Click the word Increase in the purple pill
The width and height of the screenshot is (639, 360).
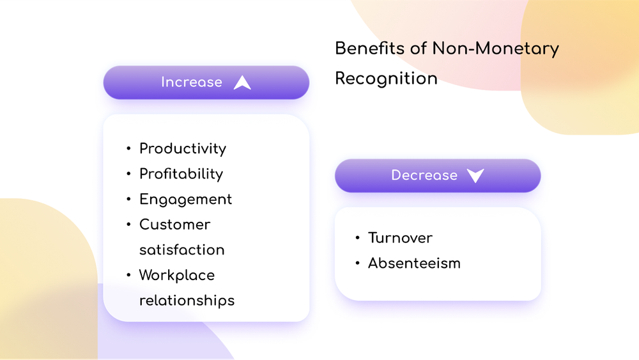(x=191, y=82)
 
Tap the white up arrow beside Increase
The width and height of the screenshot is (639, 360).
(x=242, y=82)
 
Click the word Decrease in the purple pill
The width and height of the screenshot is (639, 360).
(x=424, y=176)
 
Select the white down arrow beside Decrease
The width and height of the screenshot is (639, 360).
(x=475, y=176)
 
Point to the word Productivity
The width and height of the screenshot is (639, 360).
(x=183, y=149)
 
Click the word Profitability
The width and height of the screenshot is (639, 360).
(x=181, y=174)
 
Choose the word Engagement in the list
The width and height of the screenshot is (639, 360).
(x=185, y=200)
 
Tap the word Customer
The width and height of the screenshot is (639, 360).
(x=174, y=224)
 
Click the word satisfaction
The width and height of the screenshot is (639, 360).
(x=181, y=249)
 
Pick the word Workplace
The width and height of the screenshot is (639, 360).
(x=177, y=275)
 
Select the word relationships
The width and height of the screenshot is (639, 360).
(x=187, y=300)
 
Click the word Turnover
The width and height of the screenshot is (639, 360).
(x=400, y=238)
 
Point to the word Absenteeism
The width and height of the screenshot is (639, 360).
(x=414, y=263)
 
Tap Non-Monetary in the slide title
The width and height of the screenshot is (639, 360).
(x=495, y=49)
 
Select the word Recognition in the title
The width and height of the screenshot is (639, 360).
(x=386, y=78)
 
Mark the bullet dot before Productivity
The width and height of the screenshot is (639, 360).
(x=128, y=150)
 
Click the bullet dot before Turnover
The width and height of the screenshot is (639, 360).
(x=357, y=239)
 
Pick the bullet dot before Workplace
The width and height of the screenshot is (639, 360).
(x=128, y=276)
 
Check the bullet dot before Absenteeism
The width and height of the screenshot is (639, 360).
(x=357, y=263)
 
